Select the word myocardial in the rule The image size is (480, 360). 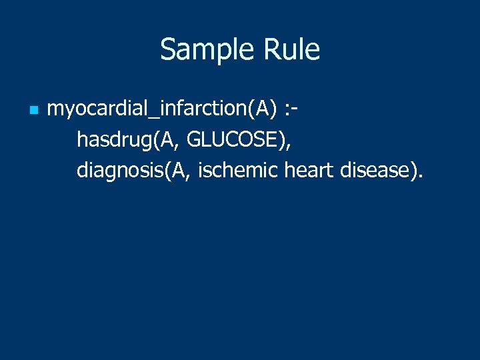(x=90, y=109)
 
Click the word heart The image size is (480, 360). (x=309, y=171)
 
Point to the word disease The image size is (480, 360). (x=375, y=171)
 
